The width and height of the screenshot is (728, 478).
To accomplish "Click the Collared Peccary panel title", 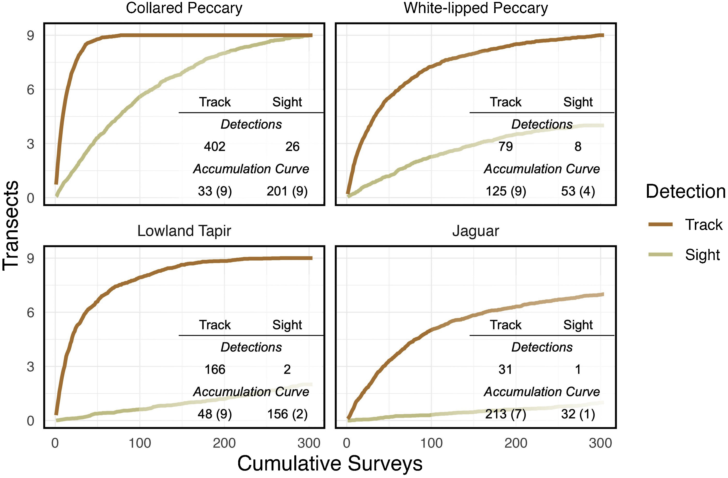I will (184, 8).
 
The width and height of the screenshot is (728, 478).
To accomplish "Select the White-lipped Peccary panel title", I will (476, 8).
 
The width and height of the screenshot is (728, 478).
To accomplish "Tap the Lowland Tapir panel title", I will (184, 231).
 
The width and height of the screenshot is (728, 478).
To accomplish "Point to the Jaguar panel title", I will (476, 231).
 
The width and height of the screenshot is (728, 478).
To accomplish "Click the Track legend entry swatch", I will (660, 224).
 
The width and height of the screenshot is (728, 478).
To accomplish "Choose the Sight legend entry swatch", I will (660, 254).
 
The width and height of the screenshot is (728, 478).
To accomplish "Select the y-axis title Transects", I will (11, 225).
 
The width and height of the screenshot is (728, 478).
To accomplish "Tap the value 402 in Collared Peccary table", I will (215, 147).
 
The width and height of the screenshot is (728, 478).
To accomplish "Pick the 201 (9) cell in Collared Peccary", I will (287, 191).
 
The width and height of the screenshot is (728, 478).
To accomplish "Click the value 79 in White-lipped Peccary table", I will (506, 147).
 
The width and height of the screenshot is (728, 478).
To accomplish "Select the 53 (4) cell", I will (578, 191).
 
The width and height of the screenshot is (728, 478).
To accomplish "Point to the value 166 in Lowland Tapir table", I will (215, 369).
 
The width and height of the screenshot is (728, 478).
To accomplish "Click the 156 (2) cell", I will (287, 414).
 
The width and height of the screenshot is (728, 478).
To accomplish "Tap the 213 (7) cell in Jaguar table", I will (506, 414).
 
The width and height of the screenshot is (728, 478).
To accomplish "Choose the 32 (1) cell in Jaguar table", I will (578, 414).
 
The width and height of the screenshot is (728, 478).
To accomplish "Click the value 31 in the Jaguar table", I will (505, 369).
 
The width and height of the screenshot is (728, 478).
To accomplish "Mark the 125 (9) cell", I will (506, 191).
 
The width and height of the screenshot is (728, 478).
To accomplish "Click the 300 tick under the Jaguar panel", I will (600, 443).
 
